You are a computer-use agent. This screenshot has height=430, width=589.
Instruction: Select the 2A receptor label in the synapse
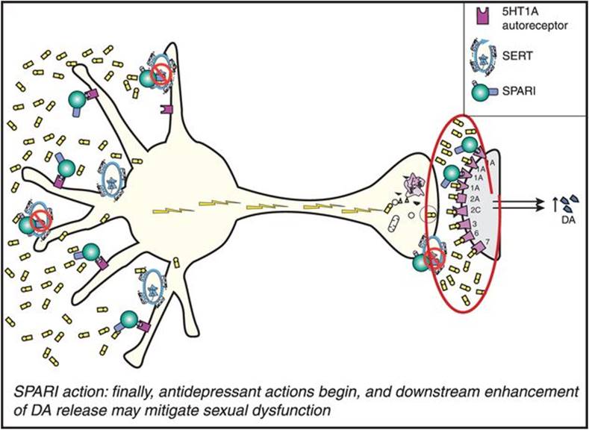click(476, 199)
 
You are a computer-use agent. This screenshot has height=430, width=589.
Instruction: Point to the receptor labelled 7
click(487, 242)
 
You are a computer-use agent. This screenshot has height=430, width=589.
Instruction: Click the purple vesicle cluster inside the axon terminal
click(413, 182)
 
